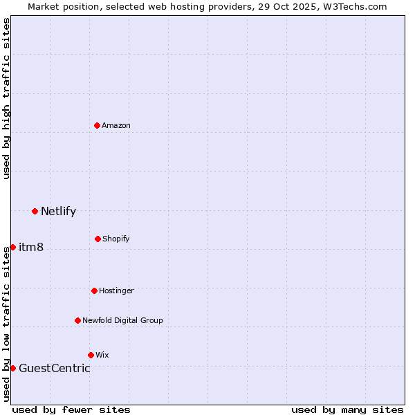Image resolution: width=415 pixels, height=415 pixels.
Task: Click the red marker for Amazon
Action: (97, 125)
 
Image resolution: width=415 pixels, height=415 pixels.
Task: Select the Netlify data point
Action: (35, 211)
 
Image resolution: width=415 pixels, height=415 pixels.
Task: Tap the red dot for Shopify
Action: (98, 239)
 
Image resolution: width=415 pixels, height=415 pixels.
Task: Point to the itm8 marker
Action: (12, 247)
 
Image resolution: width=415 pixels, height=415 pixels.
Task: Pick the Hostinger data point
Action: (94, 290)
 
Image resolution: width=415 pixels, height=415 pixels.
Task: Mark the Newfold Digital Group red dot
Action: (77, 320)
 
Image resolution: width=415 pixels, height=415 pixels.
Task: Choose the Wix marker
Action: (91, 355)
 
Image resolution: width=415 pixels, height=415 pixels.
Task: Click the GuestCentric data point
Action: (12, 368)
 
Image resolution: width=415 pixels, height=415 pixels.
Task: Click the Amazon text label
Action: (116, 125)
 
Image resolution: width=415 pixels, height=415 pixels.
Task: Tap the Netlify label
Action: (58, 212)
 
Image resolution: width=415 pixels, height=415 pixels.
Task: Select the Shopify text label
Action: (116, 239)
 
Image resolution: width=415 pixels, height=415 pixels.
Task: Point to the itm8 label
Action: (31, 248)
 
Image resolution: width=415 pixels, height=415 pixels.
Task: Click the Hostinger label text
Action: (116, 290)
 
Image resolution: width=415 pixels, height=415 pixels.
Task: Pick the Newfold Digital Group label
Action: (122, 320)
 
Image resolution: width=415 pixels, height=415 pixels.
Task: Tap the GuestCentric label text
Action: (55, 369)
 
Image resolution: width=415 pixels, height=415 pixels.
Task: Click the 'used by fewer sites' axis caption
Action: (71, 409)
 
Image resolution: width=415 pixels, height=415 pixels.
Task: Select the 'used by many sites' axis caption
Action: (347, 409)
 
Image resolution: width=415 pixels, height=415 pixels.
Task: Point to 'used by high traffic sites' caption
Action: (6, 98)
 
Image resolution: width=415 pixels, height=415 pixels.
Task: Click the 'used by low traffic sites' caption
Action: (6, 324)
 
